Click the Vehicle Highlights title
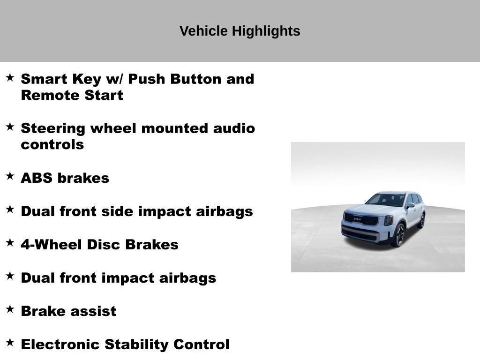240,31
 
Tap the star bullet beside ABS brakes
10,176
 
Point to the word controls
52,144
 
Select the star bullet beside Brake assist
10,308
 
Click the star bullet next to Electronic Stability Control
10,342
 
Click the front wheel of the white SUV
399,235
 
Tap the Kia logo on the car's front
357,219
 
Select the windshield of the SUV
386,200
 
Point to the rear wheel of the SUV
421,220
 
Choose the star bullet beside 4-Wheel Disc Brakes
10,242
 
